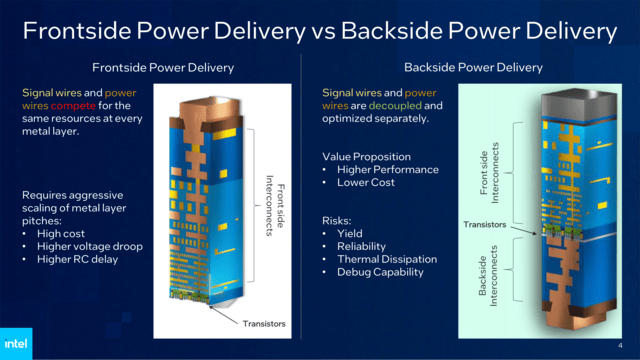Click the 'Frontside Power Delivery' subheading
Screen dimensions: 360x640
(163, 68)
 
